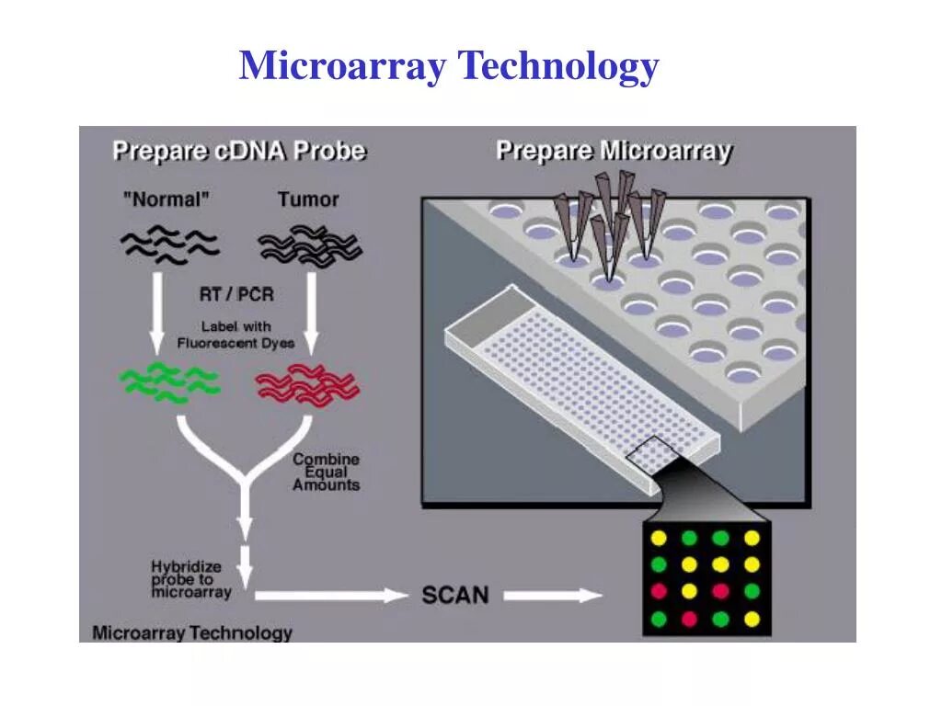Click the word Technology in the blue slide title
(x=558, y=67)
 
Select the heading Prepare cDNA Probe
(x=239, y=151)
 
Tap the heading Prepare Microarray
(x=614, y=151)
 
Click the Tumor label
(x=308, y=199)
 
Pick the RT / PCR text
(x=236, y=294)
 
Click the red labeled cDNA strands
(x=306, y=384)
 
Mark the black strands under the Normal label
(x=169, y=245)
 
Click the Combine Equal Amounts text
(x=327, y=472)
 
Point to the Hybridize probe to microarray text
(x=191, y=580)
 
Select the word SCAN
(x=455, y=595)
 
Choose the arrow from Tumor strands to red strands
(x=310, y=313)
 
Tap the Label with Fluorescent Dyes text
(x=236, y=335)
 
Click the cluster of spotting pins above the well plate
(x=612, y=221)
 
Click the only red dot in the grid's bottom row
(x=690, y=619)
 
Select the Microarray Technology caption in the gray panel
(x=192, y=632)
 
